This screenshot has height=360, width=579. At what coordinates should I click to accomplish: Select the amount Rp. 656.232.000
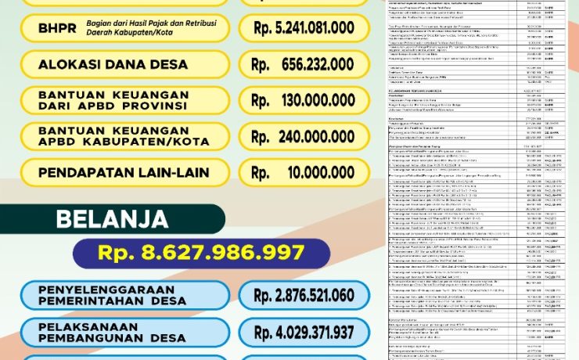pos(304,64)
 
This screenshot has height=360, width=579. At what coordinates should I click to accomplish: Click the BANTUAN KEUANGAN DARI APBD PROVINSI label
pos(113,99)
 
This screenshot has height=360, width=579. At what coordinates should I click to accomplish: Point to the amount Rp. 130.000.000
pos(304,99)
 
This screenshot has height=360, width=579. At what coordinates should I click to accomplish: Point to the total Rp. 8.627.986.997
pos(201,253)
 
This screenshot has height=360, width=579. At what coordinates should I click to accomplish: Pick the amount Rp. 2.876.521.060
pos(304,295)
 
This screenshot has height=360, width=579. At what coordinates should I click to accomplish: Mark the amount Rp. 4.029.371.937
pos(304,332)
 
